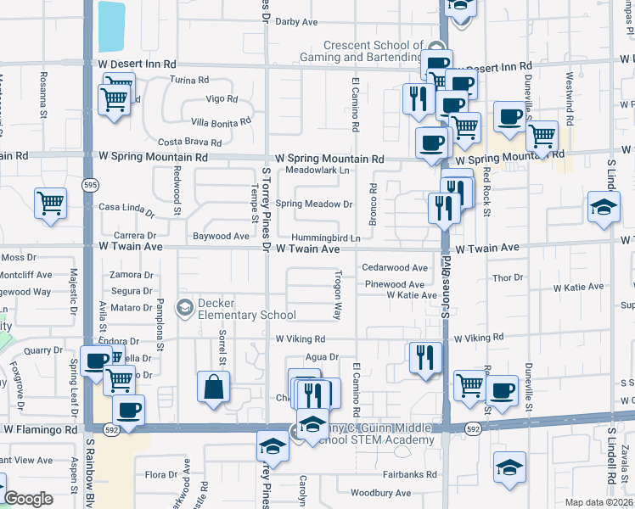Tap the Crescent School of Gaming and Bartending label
click(x=373, y=51)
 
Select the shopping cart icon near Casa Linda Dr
click(x=50, y=203)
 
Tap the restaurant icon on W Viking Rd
click(x=424, y=357)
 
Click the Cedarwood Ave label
click(x=396, y=267)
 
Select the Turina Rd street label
click(x=188, y=80)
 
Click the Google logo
click(x=29, y=499)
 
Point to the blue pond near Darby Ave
click(x=110, y=26)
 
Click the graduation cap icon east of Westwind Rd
click(x=604, y=208)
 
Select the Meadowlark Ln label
click(x=317, y=170)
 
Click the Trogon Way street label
click(x=338, y=294)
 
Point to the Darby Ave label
click(x=296, y=22)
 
